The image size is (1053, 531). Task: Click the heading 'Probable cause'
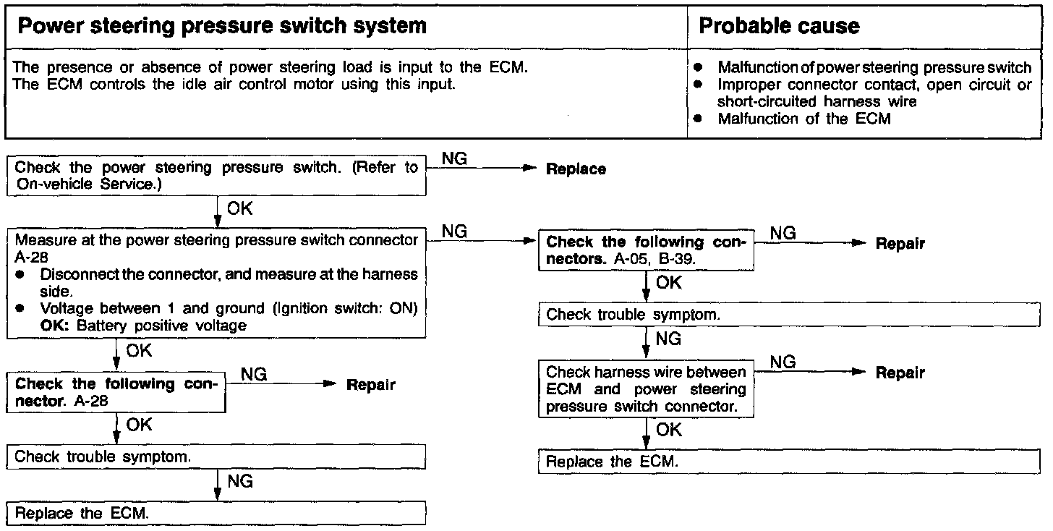pos(779,27)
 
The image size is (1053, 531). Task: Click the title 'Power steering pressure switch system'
pos(221,27)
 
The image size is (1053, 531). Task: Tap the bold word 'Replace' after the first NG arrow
pos(576,169)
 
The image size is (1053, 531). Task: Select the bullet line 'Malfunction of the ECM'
pos(803,119)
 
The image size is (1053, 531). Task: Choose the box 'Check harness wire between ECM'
pos(646,389)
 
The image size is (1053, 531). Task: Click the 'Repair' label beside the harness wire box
pos(900,373)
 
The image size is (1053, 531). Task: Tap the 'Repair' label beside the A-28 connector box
pos(371,385)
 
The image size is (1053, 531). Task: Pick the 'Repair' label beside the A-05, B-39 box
pos(900,244)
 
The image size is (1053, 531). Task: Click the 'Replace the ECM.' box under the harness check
pos(788,462)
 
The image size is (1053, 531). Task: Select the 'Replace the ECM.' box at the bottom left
pos(216,514)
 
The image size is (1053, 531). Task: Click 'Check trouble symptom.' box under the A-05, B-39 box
pos(788,315)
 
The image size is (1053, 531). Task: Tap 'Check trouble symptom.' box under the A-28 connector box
pos(216,456)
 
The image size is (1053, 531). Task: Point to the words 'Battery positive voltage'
pos(161,326)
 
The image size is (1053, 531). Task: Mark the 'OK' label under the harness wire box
pos(669,430)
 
